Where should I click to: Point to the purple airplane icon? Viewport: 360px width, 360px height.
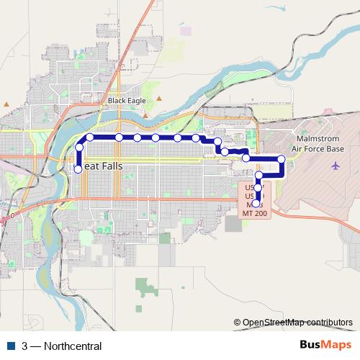[336, 166]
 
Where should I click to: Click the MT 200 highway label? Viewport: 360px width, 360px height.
[255, 214]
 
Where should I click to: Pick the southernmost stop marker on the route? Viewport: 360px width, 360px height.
[258, 203]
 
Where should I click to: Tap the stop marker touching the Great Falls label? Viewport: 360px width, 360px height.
[78, 170]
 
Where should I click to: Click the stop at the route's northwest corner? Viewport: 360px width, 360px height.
[90, 137]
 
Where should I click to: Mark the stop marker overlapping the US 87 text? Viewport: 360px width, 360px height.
[258, 188]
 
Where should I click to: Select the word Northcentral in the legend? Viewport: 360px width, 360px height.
[72, 346]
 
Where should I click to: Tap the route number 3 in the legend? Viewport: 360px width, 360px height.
[24, 346]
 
